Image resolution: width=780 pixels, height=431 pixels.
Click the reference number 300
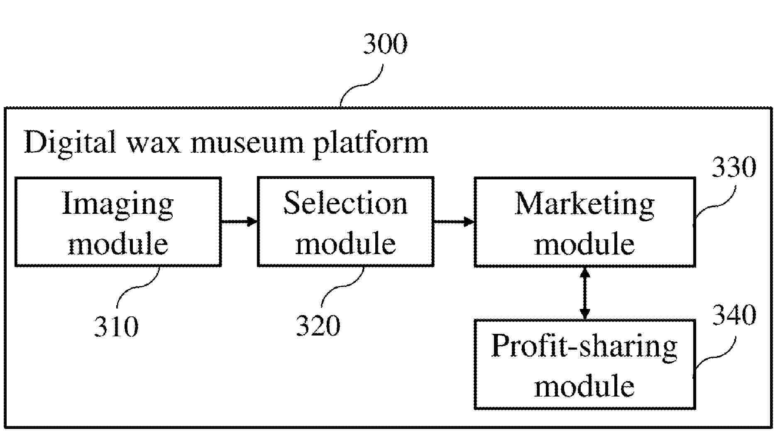385,44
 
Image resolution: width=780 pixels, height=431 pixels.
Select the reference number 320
318,326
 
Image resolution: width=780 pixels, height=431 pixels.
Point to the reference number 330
734,168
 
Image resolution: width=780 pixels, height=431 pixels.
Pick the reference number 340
734,316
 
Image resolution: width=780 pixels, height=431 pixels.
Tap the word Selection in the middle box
345,203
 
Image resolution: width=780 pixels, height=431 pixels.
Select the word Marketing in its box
584,205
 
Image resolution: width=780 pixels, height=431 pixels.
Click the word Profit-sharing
584,347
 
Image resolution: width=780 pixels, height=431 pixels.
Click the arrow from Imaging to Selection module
239,222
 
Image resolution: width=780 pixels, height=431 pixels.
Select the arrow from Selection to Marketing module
454,222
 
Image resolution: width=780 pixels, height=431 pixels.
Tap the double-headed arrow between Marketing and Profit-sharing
584,293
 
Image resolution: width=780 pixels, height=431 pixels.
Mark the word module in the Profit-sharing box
584,386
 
